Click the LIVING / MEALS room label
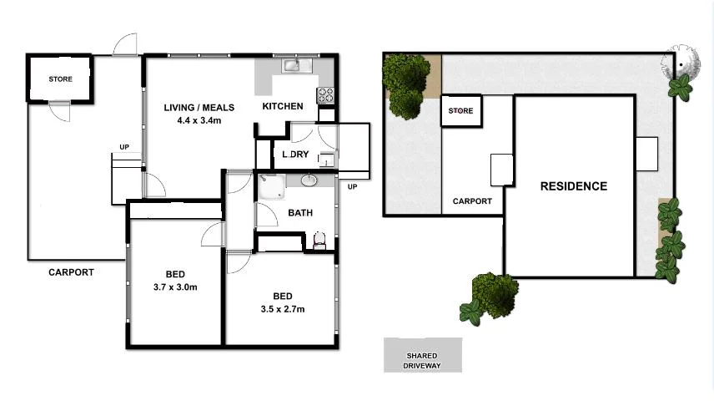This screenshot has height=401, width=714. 199,107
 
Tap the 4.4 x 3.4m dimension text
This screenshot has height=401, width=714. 199,120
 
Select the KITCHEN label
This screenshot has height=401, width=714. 283,107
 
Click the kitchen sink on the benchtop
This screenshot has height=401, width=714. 292,64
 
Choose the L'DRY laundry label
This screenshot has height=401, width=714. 295,155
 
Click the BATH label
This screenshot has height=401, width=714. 300,213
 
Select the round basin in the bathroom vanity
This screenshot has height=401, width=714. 309,180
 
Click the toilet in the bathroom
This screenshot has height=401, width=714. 319,241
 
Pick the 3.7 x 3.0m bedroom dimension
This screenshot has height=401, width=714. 174,287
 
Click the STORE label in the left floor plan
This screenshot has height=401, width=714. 60,79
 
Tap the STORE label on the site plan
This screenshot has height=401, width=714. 460,111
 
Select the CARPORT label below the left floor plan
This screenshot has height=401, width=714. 71,272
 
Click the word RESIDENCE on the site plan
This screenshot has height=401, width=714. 573,186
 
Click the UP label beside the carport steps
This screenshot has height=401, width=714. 124,148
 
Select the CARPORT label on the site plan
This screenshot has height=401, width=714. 472,201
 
